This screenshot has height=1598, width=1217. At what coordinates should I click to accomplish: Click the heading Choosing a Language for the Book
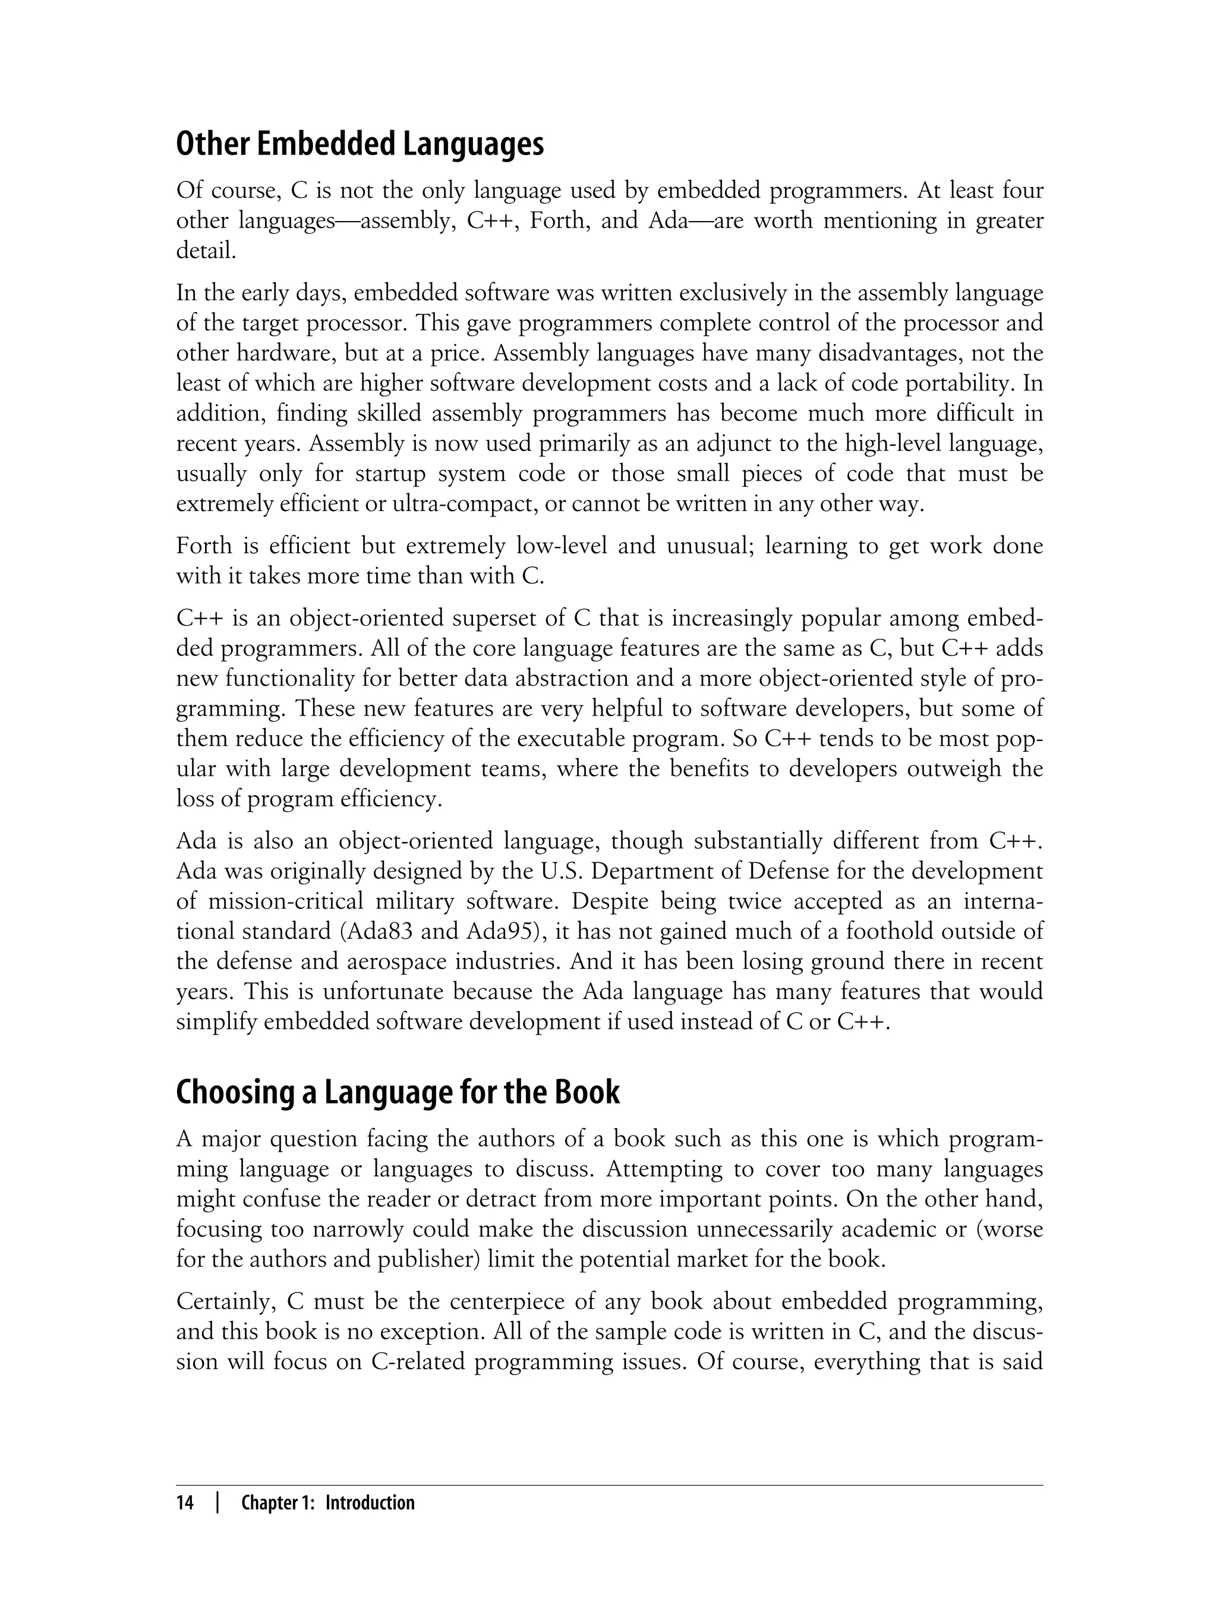click(398, 1093)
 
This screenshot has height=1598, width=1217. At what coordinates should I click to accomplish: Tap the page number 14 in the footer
click(185, 1503)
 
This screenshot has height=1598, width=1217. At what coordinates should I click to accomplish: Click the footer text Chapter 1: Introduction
click(327, 1503)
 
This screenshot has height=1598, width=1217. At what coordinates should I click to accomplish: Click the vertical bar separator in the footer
click(218, 1503)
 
